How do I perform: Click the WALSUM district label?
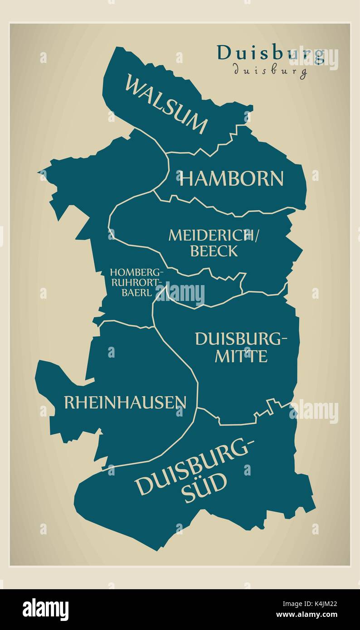pyautogui.click(x=166, y=104)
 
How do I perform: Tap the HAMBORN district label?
pyautogui.click(x=231, y=179)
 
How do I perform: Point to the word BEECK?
pyautogui.click(x=214, y=251)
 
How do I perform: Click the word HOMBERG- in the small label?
pyautogui.click(x=136, y=273)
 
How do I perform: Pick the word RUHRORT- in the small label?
pyautogui.click(x=136, y=283)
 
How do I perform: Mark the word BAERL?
pyautogui.click(x=136, y=293)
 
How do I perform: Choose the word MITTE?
pyautogui.click(x=241, y=356)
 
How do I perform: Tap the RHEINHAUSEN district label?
pyautogui.click(x=125, y=402)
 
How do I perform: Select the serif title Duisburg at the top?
pyautogui.click(x=271, y=53)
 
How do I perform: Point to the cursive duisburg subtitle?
pyautogui.click(x=270, y=70)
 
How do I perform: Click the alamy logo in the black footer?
pyautogui.click(x=45, y=609)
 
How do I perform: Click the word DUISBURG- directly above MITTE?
pyautogui.click(x=241, y=339)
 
